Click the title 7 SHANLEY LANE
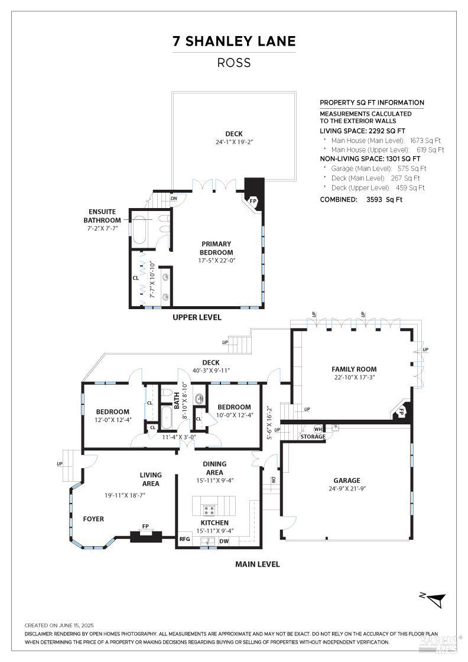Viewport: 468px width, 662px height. coord(234,41)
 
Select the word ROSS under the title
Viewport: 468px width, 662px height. coord(234,63)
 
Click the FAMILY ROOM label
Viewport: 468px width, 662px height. coord(354,369)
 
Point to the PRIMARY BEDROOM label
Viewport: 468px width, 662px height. coord(216,248)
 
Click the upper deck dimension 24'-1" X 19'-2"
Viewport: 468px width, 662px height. coord(234,142)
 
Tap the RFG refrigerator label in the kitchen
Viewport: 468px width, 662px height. coord(185,539)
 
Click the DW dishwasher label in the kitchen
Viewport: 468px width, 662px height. coord(224,541)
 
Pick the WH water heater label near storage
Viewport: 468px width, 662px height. coord(318,429)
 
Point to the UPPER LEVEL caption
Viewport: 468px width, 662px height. coord(197,317)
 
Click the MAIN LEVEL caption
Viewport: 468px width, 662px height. coord(257,564)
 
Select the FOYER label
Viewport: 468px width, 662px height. coord(93,519)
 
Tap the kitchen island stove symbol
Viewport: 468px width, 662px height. coord(209,509)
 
